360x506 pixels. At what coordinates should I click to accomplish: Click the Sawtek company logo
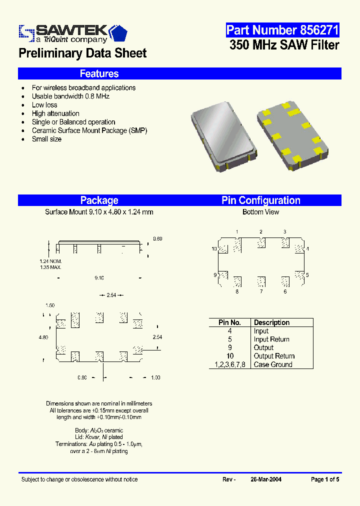pyautogui.click(x=72, y=33)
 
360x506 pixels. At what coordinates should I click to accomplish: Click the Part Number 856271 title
pyautogui.click(x=282, y=30)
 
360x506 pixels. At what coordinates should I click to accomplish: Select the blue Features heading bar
pyautogui.click(x=179, y=73)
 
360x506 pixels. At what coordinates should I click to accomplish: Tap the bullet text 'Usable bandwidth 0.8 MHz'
pyautogui.click(x=70, y=96)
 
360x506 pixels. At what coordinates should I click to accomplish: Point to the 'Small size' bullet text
pyautogui.click(x=46, y=139)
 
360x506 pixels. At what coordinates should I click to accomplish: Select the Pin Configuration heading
pyautogui.click(x=260, y=200)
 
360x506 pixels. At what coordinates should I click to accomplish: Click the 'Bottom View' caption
pyautogui.click(x=260, y=212)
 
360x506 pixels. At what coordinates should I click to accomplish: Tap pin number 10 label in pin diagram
pyautogui.click(x=213, y=249)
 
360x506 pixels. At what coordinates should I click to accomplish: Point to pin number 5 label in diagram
pyautogui.click(x=307, y=275)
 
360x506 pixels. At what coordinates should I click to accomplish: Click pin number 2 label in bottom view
pyautogui.click(x=260, y=231)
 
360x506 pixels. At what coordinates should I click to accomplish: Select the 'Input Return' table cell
pyautogui.click(x=271, y=339)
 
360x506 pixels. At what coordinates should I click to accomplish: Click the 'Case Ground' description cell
pyautogui.click(x=273, y=364)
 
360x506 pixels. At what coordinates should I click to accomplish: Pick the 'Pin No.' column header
pyautogui.click(x=229, y=322)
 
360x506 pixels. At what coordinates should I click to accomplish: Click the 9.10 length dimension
pyautogui.click(x=99, y=278)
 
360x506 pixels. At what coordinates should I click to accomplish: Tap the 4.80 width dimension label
pyautogui.click(x=43, y=337)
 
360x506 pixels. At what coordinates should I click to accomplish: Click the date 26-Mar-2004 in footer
pyautogui.click(x=265, y=479)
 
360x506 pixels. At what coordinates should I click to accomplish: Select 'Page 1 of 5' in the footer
pyautogui.click(x=325, y=479)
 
